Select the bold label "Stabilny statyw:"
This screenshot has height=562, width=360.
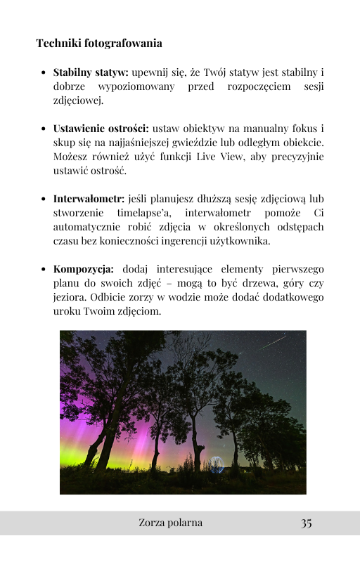(x=91, y=72)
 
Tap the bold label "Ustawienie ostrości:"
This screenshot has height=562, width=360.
(x=101, y=129)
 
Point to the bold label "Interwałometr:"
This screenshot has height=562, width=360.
(x=88, y=199)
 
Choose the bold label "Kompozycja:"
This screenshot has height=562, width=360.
(x=83, y=268)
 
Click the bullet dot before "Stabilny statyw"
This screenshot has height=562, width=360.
(x=44, y=72)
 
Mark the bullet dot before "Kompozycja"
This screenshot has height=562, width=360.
(x=44, y=269)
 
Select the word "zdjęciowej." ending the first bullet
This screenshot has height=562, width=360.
(x=78, y=100)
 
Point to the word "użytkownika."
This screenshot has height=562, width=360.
(x=238, y=241)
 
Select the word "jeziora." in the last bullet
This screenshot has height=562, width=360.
(x=70, y=296)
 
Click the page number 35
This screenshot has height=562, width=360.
(x=306, y=523)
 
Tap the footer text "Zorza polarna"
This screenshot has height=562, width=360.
(x=171, y=523)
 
